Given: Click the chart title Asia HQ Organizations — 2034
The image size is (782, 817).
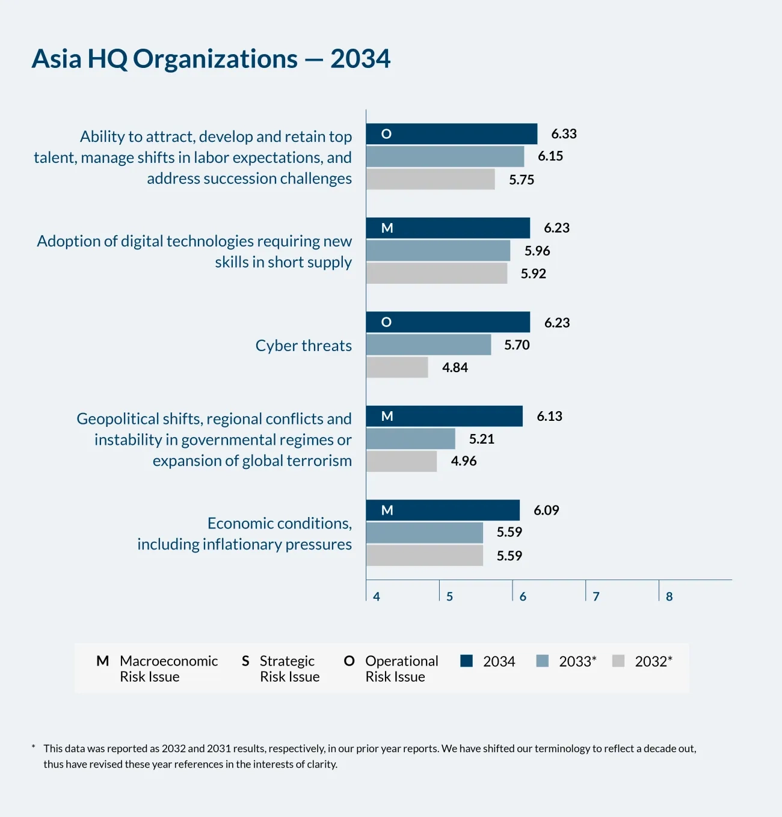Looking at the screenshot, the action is click(x=211, y=58).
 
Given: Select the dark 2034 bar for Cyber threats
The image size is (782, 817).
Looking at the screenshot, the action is click(x=448, y=322).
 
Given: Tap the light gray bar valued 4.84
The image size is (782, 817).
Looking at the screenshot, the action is click(x=397, y=367).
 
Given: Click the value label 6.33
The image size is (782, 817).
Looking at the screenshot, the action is click(x=564, y=134).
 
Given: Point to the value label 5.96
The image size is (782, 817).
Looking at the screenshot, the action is click(x=537, y=251).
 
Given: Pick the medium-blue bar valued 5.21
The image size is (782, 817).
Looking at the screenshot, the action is click(x=411, y=439).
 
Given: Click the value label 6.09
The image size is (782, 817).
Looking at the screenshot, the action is click(x=546, y=510).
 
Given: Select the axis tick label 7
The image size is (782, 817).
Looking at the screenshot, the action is click(x=596, y=596).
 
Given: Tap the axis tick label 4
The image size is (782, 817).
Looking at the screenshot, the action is click(x=377, y=596).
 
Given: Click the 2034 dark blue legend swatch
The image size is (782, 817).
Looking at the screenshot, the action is click(x=466, y=661).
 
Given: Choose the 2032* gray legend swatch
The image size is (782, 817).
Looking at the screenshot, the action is click(x=618, y=661).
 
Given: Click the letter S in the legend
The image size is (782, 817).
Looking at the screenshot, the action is click(x=245, y=661).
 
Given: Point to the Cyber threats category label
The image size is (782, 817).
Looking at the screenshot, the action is click(x=304, y=346).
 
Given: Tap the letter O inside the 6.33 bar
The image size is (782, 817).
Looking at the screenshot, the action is click(x=386, y=134).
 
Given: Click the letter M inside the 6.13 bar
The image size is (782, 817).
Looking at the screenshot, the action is click(x=387, y=416).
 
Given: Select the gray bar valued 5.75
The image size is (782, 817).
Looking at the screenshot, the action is click(x=431, y=179).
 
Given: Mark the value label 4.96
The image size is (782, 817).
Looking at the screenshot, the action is click(x=464, y=461).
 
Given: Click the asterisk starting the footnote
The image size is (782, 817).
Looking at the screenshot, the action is click(x=34, y=747).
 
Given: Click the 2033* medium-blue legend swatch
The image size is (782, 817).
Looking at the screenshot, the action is click(x=542, y=661).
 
